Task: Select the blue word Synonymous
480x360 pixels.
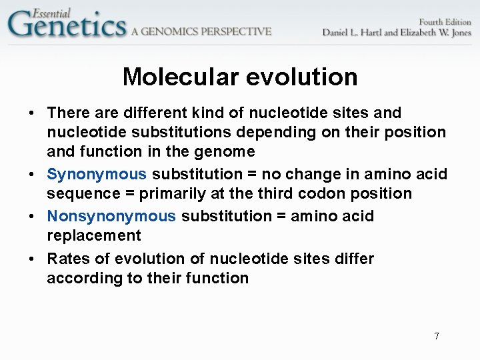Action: (97, 175)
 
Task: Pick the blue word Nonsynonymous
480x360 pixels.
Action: (111, 217)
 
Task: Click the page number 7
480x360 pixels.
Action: (437, 336)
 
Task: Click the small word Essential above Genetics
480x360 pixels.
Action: (51, 11)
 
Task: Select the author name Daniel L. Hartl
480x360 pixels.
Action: (353, 33)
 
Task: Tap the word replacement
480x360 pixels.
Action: (94, 236)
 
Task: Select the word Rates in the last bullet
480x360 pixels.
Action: (68, 259)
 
